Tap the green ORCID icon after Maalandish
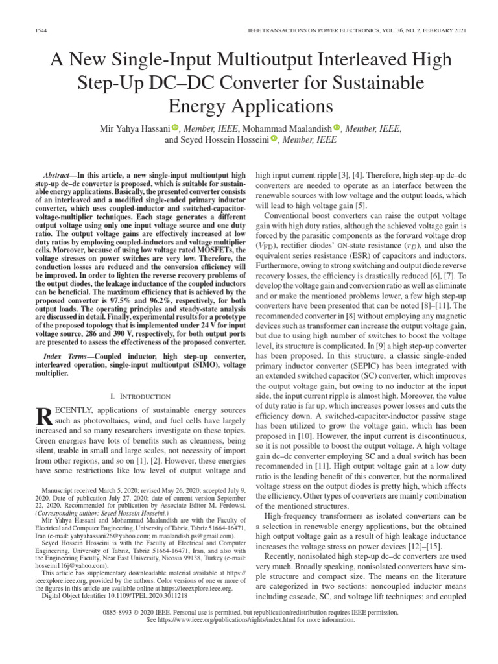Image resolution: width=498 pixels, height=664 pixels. point(337,128)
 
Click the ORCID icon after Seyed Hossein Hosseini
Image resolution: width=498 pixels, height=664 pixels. point(274,139)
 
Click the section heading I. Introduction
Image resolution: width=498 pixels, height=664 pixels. point(141,396)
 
